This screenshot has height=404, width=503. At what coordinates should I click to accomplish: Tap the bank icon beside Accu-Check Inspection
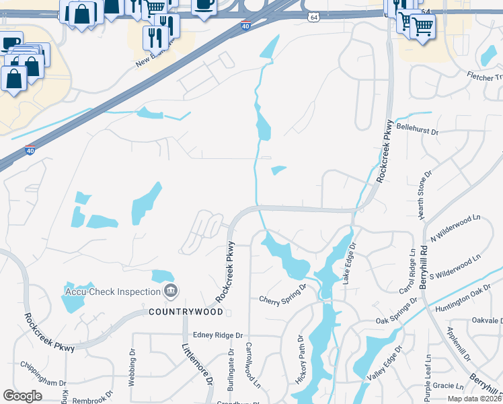(x=171, y=292)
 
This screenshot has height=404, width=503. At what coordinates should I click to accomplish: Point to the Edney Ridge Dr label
(x=218, y=335)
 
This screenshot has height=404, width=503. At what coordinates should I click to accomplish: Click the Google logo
(x=23, y=395)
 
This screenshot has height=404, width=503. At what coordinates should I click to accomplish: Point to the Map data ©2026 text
(x=474, y=399)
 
